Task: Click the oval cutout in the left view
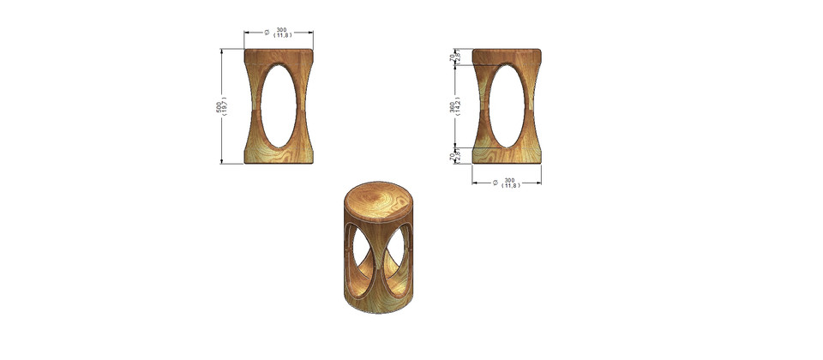[x=279, y=105]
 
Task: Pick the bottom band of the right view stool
[x=507, y=155]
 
